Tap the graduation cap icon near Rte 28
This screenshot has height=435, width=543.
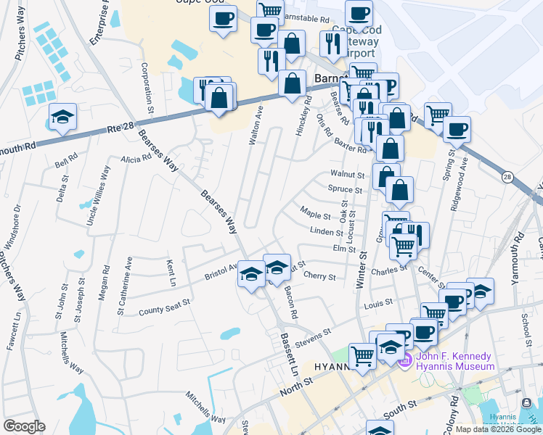(x=63, y=117)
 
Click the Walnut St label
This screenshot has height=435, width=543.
(x=346, y=175)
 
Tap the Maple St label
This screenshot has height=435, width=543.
(x=315, y=214)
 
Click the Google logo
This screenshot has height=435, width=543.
(x=24, y=426)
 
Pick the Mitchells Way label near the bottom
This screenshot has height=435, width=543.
(x=205, y=407)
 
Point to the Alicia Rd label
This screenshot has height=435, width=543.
(x=136, y=159)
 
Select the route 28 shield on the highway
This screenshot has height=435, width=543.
(x=507, y=177)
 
